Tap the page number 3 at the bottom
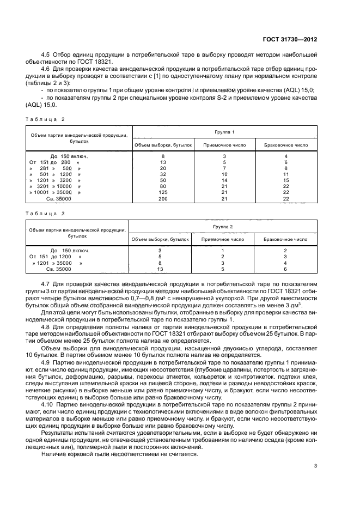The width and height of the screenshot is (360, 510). coord(316,465)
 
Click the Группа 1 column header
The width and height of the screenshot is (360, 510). coord(224,132)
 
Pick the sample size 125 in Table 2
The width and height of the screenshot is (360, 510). coord(163,192)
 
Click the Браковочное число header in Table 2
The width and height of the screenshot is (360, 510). coord(286,146)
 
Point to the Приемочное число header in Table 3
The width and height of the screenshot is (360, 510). coord(224,239)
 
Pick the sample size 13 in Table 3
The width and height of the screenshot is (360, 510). coord(160,269)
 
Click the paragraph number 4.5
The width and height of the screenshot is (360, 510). coord(45,55)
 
